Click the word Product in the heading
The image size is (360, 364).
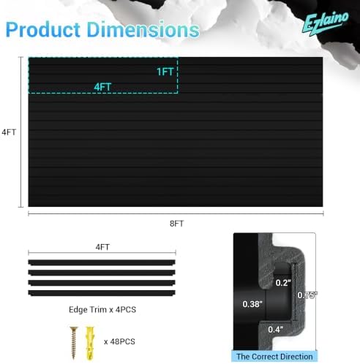click(x=43, y=30)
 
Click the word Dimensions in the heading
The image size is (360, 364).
click(x=143, y=30)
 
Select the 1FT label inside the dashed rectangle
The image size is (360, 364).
click(x=165, y=72)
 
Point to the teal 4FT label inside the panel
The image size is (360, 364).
click(x=102, y=87)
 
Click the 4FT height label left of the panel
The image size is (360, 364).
click(x=9, y=132)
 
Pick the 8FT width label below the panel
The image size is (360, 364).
click(x=176, y=224)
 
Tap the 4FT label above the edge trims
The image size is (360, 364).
click(x=102, y=247)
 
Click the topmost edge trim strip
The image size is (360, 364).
click(x=102, y=262)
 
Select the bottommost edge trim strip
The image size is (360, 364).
click(x=102, y=293)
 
